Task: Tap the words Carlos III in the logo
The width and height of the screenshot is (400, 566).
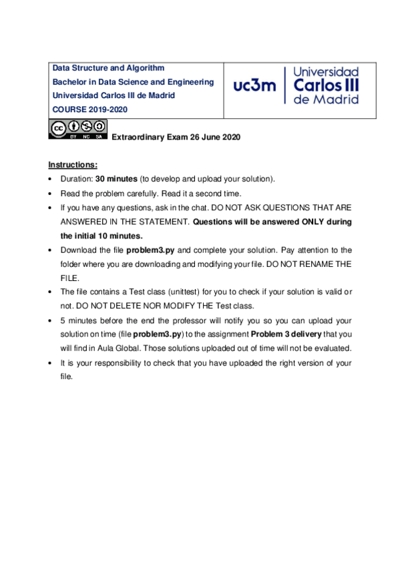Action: (326, 85)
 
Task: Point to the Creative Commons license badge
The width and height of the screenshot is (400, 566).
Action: (77, 129)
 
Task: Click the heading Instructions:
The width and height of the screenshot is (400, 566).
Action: (73, 165)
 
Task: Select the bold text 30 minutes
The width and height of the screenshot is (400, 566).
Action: (116, 179)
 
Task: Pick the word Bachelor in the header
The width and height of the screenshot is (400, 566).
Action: (70, 81)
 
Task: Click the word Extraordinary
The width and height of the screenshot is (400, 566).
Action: (137, 137)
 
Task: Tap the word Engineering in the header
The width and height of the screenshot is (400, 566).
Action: (192, 81)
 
